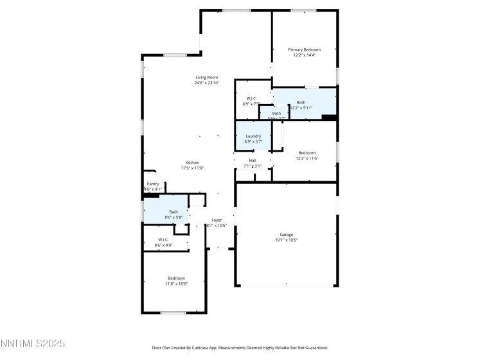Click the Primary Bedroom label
point(304,50)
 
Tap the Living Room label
point(207,77)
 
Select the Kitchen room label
point(192,163)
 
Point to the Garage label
point(286,235)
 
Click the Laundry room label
point(253,136)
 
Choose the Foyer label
point(217,220)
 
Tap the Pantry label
point(153,184)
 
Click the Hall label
point(253,161)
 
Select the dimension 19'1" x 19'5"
point(287,240)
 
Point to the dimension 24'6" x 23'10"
point(207,83)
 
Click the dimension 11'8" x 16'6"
point(176,283)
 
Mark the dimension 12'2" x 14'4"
point(304,55)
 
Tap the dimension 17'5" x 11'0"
point(192,168)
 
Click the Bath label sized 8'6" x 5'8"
point(173,212)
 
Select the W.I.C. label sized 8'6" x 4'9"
point(163,240)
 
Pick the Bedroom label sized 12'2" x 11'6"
point(307,152)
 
